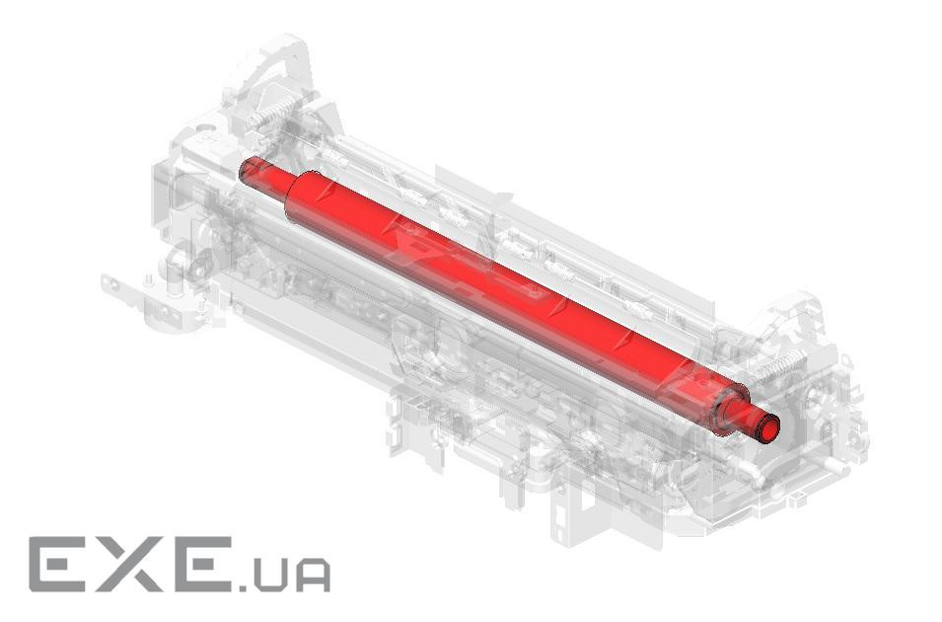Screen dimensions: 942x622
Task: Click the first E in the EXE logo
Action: [x=59, y=565]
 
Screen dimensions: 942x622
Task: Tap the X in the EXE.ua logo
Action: [x=125, y=565]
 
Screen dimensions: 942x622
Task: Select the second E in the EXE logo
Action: [x=197, y=565]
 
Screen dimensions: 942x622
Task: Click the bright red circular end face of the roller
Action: [x=769, y=427]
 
